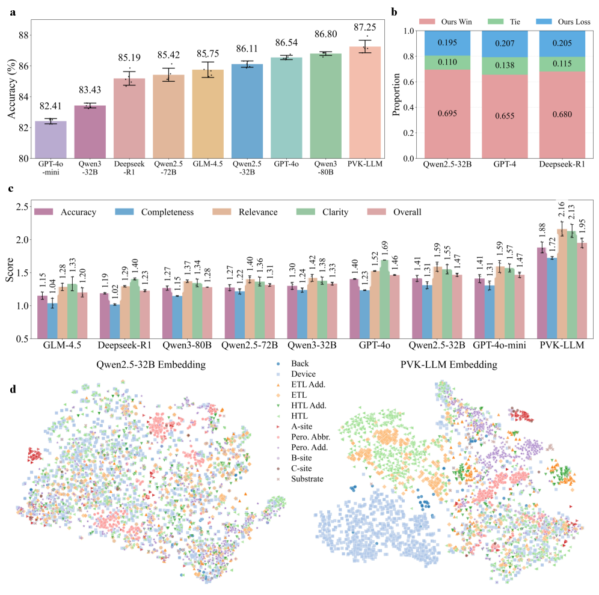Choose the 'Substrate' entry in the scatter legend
pyautogui.click(x=306, y=478)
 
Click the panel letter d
pyautogui.click(x=12, y=389)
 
